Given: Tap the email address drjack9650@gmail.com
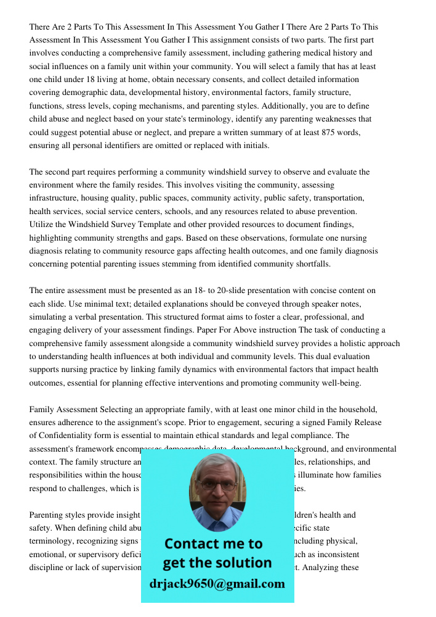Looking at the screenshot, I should coord(217,584).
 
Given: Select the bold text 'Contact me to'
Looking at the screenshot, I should coord(213,544).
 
